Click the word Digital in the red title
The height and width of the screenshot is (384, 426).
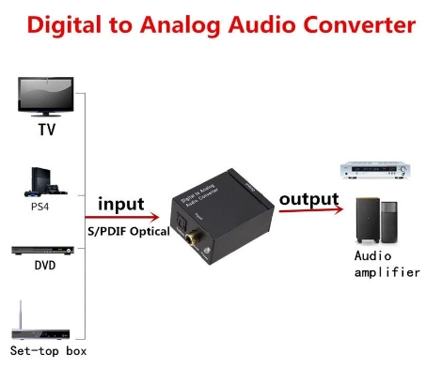[x=64, y=25]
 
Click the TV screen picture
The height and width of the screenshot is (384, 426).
[x=46, y=97]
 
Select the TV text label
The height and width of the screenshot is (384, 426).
[x=47, y=130]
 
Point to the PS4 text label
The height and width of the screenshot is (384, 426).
[x=39, y=207]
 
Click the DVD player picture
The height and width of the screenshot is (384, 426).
[x=43, y=251]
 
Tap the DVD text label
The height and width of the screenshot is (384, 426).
[x=45, y=266]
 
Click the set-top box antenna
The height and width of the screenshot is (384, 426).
[x=21, y=315]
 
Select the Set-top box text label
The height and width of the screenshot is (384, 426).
[x=48, y=351]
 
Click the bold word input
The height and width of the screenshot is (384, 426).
[x=121, y=205]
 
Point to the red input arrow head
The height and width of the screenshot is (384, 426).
[x=154, y=217]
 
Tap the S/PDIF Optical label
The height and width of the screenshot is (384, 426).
[x=129, y=231]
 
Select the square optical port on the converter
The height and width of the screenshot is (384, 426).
[x=181, y=222]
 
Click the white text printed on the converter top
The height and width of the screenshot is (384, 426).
[x=199, y=195]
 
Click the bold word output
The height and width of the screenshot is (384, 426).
[x=309, y=200]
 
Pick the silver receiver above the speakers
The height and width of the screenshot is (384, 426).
[x=375, y=170]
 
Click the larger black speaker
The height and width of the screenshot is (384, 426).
[x=368, y=221]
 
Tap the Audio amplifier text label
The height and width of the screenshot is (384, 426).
[x=387, y=265]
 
